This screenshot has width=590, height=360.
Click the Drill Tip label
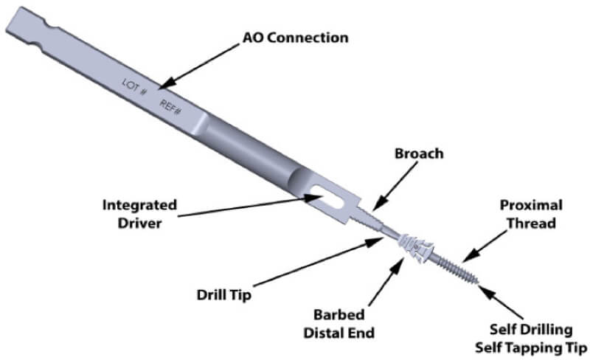226,295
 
